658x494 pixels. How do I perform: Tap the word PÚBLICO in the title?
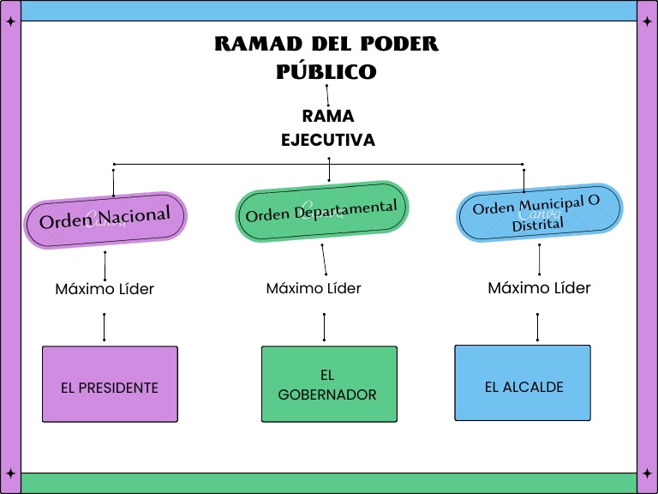coord(326,71)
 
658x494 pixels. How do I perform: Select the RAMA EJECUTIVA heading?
coord(328,128)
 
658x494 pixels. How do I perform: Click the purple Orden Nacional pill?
coord(105,220)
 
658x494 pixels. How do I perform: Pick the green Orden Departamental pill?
coord(322,211)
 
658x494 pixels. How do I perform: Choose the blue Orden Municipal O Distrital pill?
coord(539,213)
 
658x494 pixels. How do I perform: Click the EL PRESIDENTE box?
coord(110,384)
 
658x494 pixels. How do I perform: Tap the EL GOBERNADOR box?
coord(329,384)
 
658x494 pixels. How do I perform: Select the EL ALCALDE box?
coord(523,383)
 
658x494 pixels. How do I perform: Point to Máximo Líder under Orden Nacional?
coord(105,289)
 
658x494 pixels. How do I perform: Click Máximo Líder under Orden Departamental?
coord(314,288)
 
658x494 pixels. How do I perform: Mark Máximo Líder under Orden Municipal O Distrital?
coord(539,288)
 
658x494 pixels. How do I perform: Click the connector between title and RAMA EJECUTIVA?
coord(327,95)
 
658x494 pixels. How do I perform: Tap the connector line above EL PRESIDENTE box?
coord(104,327)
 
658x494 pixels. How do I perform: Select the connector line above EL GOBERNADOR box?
coord(324,327)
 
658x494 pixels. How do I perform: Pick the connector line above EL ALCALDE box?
coord(537,327)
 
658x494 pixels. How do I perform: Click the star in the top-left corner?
coord(11,21)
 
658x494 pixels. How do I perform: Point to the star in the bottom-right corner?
coord(647,473)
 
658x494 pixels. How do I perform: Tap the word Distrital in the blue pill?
coord(537,225)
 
